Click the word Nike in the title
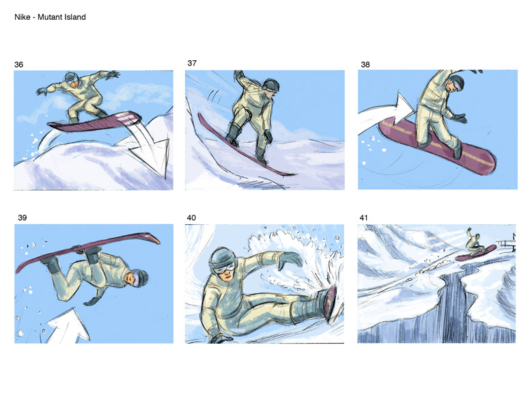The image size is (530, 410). click(x=22, y=17)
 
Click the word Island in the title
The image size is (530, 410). click(x=75, y=17)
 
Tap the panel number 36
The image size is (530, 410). click(x=18, y=65)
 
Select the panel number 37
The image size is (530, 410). click(x=192, y=64)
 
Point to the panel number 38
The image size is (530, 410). click(x=365, y=65)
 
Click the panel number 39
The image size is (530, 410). click(x=23, y=218)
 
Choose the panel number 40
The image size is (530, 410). click(x=191, y=218)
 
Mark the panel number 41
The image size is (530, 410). click(x=363, y=218)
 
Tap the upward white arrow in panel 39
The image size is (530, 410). click(x=69, y=325)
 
